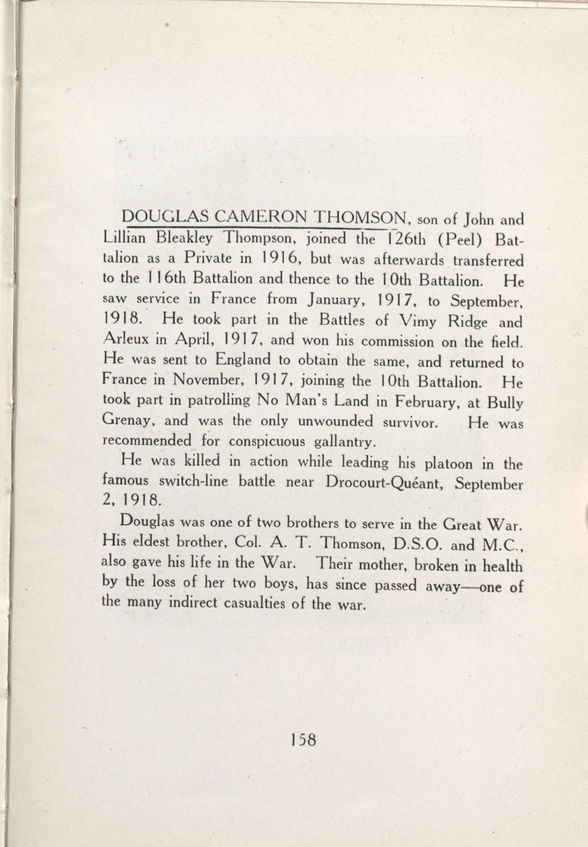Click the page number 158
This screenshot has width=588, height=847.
coord(304,740)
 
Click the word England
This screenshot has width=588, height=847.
coord(243,360)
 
